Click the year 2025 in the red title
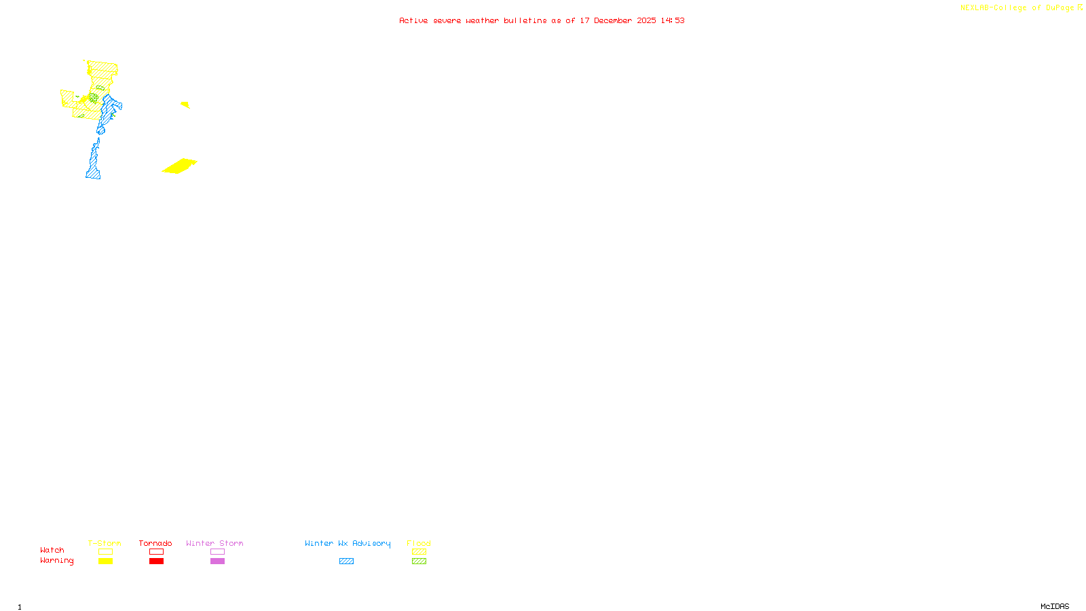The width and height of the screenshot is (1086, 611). pyautogui.click(x=646, y=20)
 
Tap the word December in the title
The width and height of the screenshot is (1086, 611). pyautogui.click(x=613, y=20)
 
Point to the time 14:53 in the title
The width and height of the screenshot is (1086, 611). pyautogui.click(x=673, y=20)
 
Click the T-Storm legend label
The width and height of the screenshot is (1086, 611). pyautogui.click(x=105, y=543)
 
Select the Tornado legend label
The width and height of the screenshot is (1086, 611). pyautogui.click(x=155, y=543)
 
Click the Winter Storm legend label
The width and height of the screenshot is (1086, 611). pyautogui.click(x=214, y=543)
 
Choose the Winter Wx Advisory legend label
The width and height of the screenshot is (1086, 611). pyautogui.click(x=348, y=543)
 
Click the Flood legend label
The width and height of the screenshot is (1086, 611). pyautogui.click(x=419, y=543)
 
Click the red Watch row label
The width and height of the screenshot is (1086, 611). pyautogui.click(x=52, y=550)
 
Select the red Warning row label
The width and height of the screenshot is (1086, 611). pyautogui.click(x=56, y=561)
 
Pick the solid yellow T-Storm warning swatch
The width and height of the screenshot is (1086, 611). pyautogui.click(x=105, y=561)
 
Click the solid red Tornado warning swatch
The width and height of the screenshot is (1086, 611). pyautogui.click(x=156, y=561)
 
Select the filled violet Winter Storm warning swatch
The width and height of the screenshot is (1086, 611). pyautogui.click(x=217, y=561)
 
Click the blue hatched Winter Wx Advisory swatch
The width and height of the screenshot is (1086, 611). pyautogui.click(x=346, y=561)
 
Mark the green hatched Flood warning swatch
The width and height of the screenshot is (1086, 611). pyautogui.click(x=419, y=561)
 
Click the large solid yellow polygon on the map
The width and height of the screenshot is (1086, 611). pyautogui.click(x=180, y=166)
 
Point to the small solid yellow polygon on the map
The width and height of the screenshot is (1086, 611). pyautogui.click(x=185, y=105)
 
